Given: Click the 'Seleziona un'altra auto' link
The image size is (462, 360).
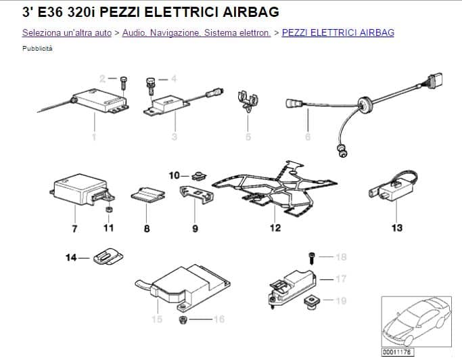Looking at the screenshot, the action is [x=67, y=32].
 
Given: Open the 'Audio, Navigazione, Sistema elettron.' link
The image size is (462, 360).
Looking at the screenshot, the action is [x=196, y=32].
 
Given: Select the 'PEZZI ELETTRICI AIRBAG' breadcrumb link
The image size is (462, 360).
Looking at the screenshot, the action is [x=338, y=32].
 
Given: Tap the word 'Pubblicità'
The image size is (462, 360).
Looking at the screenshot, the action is [x=37, y=49].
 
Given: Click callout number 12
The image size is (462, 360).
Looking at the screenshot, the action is [x=275, y=228].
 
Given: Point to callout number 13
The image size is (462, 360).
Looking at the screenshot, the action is [x=397, y=228].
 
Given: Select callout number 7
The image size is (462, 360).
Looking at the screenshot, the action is [x=74, y=229].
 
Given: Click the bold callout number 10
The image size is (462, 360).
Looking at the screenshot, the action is [x=174, y=176].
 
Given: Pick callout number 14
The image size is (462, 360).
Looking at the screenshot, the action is [x=71, y=258].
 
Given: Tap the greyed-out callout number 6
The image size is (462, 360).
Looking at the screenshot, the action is [x=308, y=137].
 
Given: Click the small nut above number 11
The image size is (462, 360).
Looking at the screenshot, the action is [x=109, y=210].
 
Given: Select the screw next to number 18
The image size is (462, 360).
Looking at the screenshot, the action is [x=312, y=258].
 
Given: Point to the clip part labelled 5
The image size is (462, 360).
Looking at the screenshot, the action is [x=248, y=101].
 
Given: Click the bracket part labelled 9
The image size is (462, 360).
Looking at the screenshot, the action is [x=196, y=194].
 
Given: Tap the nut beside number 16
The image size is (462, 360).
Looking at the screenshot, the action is [x=183, y=319].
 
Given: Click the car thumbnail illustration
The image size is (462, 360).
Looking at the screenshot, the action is [x=417, y=321].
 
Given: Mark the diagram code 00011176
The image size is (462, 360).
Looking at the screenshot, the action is [x=398, y=352].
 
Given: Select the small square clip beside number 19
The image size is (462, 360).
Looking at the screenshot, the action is [x=311, y=302].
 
